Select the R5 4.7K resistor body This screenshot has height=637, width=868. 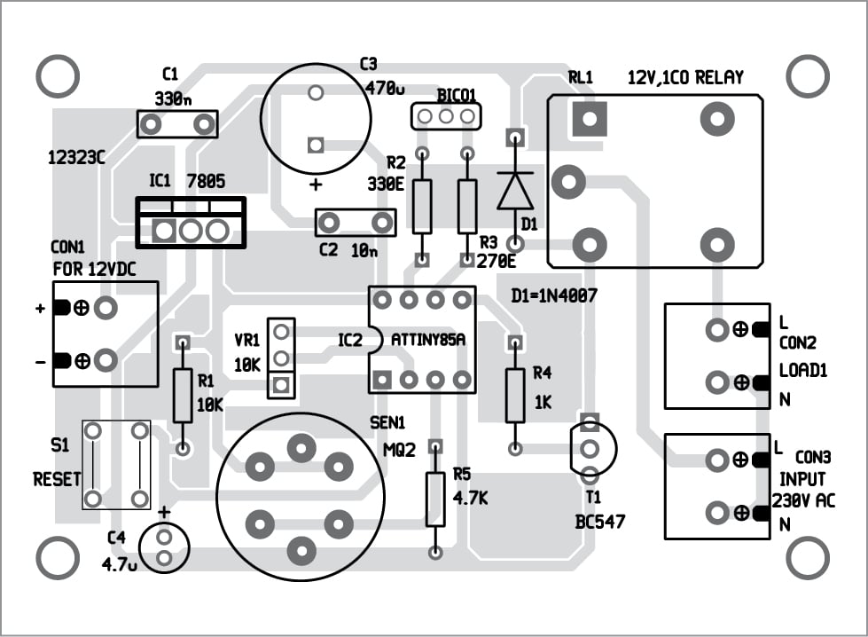434,499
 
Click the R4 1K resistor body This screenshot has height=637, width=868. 515,396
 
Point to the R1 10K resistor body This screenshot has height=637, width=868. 183,396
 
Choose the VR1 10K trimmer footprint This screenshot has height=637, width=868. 281,358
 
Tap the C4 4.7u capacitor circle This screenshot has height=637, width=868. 164,547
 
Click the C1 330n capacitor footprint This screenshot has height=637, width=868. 177,123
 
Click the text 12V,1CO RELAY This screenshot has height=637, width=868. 685,78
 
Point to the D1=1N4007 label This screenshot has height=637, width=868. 554,294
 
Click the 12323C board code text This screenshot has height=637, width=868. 76,157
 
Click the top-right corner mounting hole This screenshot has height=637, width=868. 808,77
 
